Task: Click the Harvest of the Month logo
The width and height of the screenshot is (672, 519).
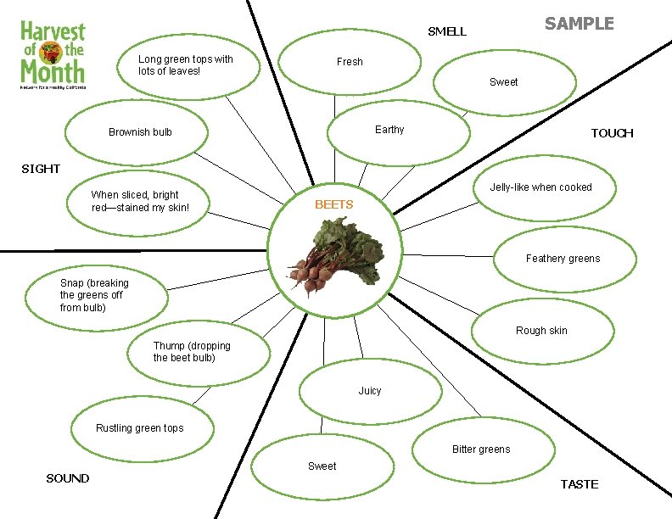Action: pyautogui.click(x=53, y=55)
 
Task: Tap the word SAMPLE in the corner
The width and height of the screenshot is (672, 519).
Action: pyautogui.click(x=579, y=24)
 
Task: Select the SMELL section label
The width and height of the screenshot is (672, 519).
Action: pyautogui.click(x=446, y=31)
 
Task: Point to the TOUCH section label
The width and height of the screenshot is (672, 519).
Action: pyautogui.click(x=612, y=133)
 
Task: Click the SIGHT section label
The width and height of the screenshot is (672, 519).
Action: pyautogui.click(x=41, y=169)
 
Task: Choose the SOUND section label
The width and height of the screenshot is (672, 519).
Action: pyautogui.click(x=68, y=478)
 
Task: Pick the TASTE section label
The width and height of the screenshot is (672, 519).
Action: pyautogui.click(x=580, y=484)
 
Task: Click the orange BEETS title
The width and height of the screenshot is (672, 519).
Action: pyautogui.click(x=333, y=204)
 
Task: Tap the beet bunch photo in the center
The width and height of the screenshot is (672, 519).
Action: pyautogui.click(x=334, y=254)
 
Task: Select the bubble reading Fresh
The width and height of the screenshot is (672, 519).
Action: pyautogui.click(x=350, y=62)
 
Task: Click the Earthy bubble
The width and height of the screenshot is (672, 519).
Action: pyautogui.click(x=398, y=130)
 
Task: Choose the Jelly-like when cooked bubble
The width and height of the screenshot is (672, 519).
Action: pyautogui.click(x=540, y=187)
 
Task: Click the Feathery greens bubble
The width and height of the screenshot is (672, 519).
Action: pyautogui.click(x=563, y=259)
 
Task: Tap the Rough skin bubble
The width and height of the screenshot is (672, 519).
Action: pyautogui.click(x=541, y=330)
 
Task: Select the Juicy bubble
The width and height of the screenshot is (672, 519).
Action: pyautogui.click(x=370, y=391)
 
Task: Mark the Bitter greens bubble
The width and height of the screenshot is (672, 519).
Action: pyautogui.click(x=481, y=449)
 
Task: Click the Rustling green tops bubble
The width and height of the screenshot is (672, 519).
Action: pyautogui.click(x=139, y=428)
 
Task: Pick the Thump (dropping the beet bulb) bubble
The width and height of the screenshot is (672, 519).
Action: pyautogui.click(x=199, y=351)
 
